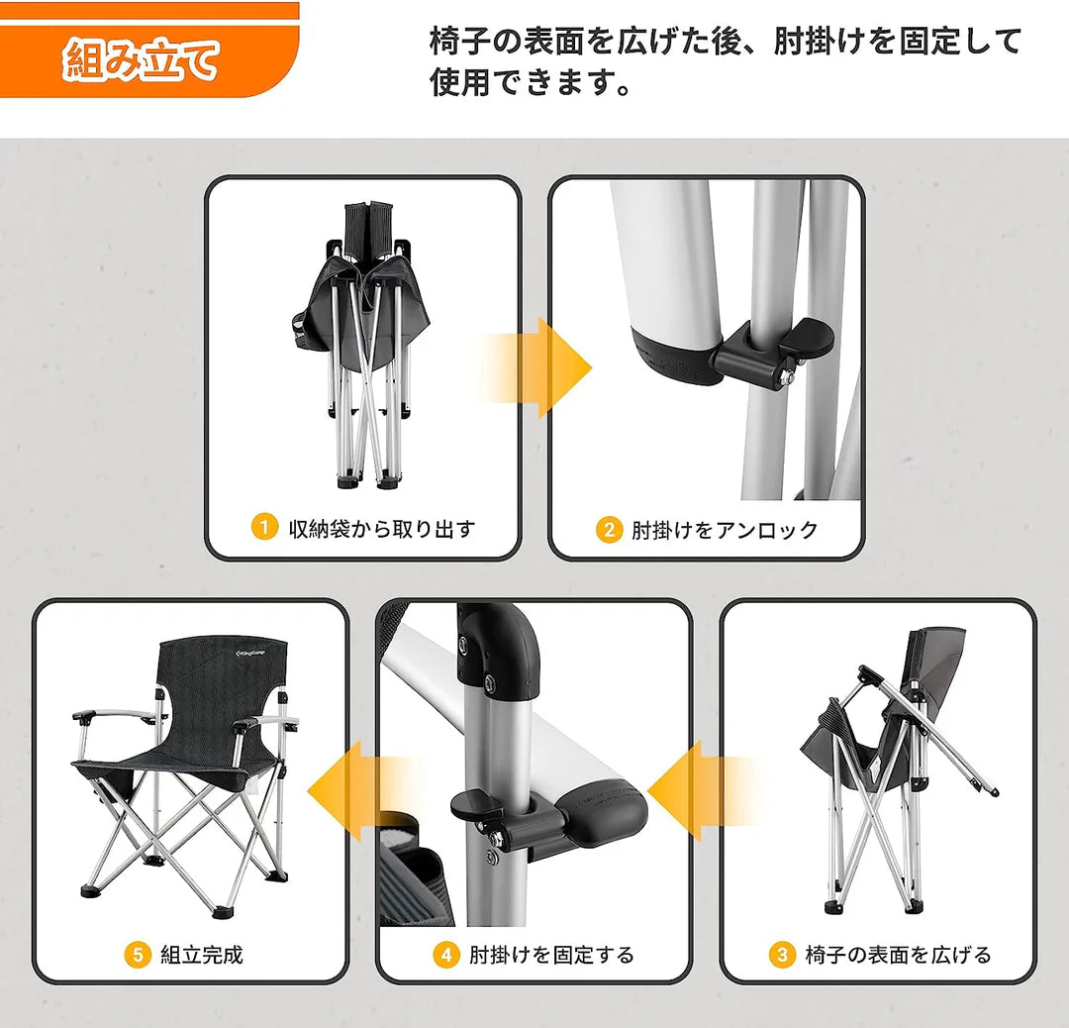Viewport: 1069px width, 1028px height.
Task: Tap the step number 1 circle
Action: (x=263, y=528)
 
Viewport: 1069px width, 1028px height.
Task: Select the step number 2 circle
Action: (x=609, y=530)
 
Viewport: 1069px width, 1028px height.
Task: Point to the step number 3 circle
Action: (x=782, y=955)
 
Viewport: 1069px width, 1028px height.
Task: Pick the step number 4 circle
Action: (x=446, y=955)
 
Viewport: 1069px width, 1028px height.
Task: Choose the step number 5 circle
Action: (x=139, y=955)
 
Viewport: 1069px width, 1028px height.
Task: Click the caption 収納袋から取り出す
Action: (x=381, y=529)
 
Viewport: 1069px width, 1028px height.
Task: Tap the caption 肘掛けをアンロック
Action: (x=726, y=530)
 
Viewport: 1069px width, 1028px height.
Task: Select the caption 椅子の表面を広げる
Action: (x=898, y=955)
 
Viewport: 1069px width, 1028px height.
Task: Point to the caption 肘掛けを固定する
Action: (x=551, y=955)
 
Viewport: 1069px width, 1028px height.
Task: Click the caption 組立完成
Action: (x=201, y=955)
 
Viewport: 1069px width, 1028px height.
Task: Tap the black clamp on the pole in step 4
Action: (x=490, y=812)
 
